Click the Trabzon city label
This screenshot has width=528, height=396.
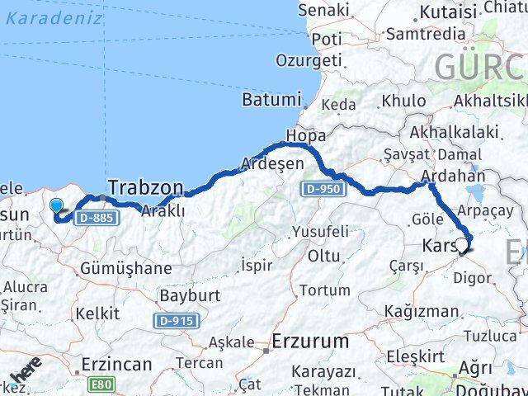(146, 189)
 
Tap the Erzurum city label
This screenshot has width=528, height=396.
(311, 341)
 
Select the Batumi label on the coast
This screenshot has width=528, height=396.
(271, 100)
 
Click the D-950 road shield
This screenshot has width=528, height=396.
(320, 190)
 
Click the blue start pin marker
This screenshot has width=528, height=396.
(56, 206)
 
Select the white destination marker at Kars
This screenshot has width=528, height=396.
(460, 244)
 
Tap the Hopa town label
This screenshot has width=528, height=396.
(305, 135)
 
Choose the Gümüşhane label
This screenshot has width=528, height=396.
(127, 268)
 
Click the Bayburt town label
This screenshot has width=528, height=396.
(186, 295)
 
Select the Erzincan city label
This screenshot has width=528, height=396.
(116, 363)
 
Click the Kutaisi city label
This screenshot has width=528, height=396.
(449, 12)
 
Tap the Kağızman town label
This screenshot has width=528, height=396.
(426, 311)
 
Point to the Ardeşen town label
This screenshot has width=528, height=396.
(271, 163)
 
